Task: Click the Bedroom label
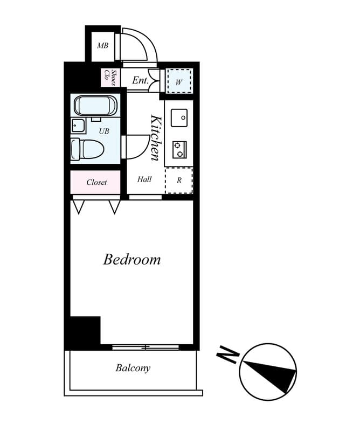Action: click(x=131, y=260)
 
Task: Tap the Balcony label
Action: click(x=133, y=369)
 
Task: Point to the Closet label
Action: click(x=96, y=182)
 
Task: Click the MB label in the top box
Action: click(x=102, y=46)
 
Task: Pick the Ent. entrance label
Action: click(x=140, y=81)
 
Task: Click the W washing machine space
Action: click(x=179, y=82)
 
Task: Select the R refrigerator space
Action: click(x=179, y=180)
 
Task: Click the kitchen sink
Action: click(x=179, y=117)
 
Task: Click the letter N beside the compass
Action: click(x=227, y=356)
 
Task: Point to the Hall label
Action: click(x=144, y=179)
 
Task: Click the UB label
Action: click(x=104, y=130)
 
